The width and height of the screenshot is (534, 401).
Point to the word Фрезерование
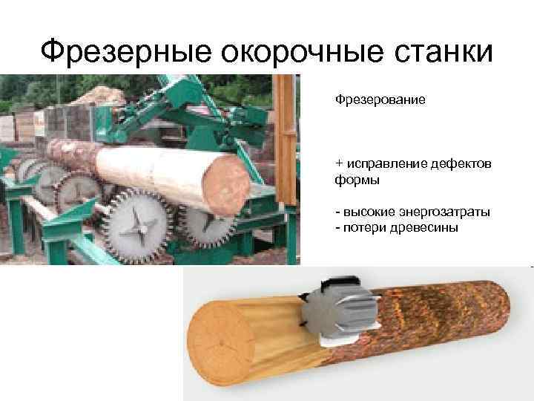[x=380, y=99]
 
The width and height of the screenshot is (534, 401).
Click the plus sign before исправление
[x=339, y=163]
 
